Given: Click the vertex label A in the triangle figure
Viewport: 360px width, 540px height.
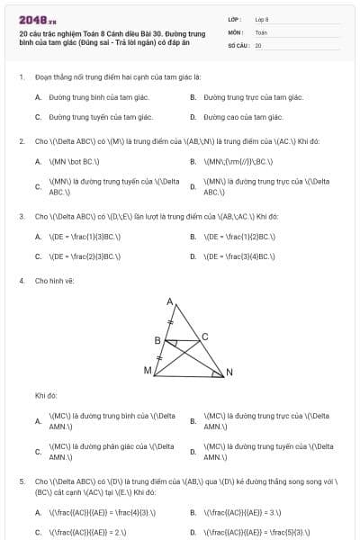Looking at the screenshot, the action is tap(169, 303).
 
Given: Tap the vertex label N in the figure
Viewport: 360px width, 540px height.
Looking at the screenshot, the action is tap(229, 373).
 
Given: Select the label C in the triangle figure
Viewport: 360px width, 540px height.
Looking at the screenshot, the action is tap(204, 336).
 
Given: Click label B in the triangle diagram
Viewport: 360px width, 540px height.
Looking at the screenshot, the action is tap(157, 340).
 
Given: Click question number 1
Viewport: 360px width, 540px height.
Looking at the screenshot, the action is tap(21, 77).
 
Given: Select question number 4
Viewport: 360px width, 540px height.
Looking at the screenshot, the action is tap(21, 281).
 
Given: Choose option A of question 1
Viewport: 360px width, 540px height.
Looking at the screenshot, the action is tap(38, 97).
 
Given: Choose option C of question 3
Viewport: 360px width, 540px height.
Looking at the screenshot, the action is tap(38, 256).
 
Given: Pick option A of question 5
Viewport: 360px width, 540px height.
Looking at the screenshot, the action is tap(38, 513).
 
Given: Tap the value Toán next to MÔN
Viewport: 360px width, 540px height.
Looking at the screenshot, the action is tap(261, 31).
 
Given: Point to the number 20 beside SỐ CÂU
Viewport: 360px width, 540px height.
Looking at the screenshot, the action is tap(258, 45).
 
